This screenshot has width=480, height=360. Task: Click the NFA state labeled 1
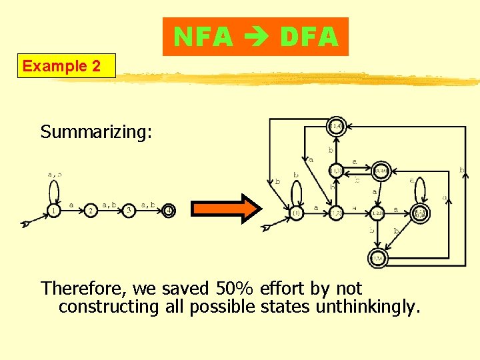pyautogui.click(x=53, y=211)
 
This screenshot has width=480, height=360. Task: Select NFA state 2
pyautogui.click(x=91, y=211)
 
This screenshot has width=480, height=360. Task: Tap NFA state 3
pyautogui.click(x=129, y=211)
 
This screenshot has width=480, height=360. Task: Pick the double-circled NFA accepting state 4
pyautogui.click(x=168, y=211)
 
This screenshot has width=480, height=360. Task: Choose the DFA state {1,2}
pyautogui.click(x=336, y=213)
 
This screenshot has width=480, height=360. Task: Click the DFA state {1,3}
pyautogui.click(x=337, y=171)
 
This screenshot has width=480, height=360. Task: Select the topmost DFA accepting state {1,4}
pyautogui.click(x=337, y=127)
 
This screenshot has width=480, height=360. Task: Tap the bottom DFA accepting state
pyautogui.click(x=377, y=257)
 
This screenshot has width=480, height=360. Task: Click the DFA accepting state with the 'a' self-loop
pyautogui.click(x=420, y=213)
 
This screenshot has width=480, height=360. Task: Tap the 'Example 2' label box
pyautogui.click(x=66, y=66)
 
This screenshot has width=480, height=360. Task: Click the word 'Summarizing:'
pyautogui.click(x=96, y=132)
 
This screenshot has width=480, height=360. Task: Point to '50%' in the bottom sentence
pyautogui.click(x=237, y=289)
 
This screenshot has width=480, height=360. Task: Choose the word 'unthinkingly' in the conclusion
pyautogui.click(x=361, y=307)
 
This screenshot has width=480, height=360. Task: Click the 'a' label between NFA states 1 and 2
pyautogui.click(x=71, y=205)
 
